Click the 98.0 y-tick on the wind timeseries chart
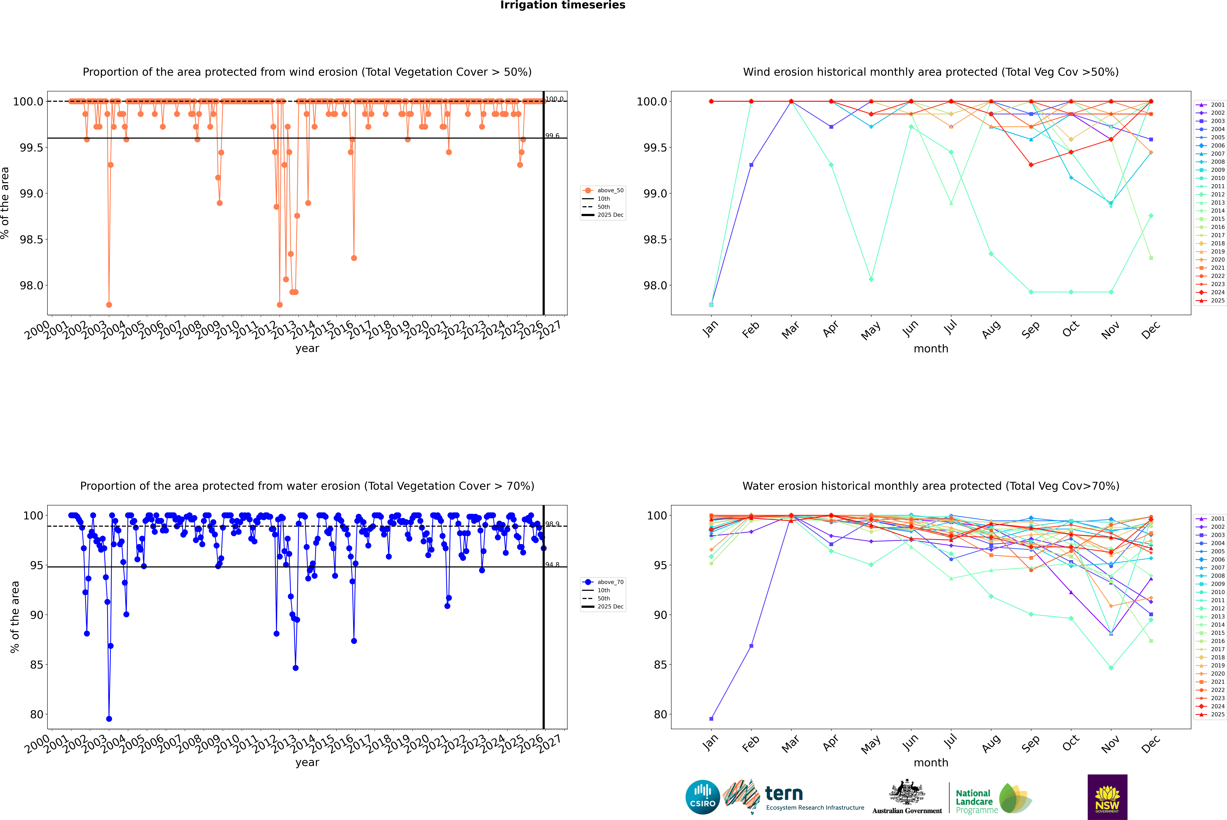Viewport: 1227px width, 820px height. [x=31, y=286]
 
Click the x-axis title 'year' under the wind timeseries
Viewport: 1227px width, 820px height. [x=307, y=348]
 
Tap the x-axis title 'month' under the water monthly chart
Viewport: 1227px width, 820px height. [x=930, y=763]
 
